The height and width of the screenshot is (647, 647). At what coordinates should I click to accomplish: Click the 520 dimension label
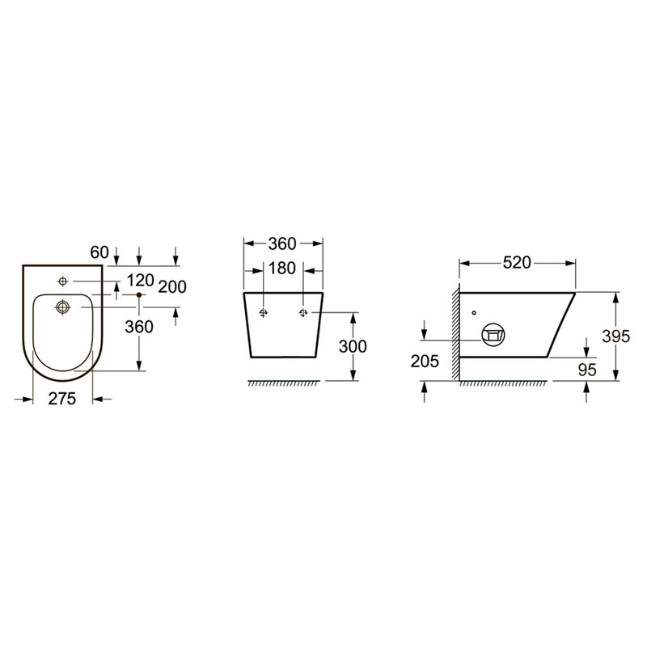pos(517,262)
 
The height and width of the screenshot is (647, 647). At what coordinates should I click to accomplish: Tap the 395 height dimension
pos(615,336)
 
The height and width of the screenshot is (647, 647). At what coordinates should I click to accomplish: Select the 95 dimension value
pos(587,370)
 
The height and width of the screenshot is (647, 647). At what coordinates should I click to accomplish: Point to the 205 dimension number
pos(425,361)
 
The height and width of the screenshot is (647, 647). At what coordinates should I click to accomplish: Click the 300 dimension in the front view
pos(353,346)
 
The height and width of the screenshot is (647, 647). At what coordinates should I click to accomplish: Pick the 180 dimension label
pos(282,269)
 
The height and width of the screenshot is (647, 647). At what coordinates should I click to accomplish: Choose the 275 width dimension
pos(62,399)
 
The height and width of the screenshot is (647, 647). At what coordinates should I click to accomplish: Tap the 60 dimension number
pos(99,252)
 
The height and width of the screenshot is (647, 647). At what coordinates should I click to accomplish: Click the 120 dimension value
pos(140,281)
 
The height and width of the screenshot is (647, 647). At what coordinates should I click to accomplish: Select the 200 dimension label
pos(172,287)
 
